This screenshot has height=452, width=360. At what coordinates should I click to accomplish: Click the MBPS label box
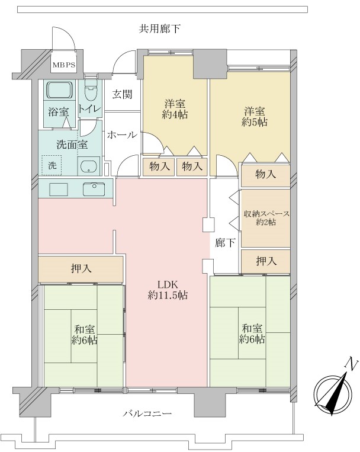click(x=64, y=65)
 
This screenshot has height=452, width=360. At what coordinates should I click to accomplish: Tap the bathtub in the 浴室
click(x=60, y=89)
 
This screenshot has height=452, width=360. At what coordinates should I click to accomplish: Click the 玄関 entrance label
click(x=122, y=94)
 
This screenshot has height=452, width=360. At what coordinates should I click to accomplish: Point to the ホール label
click(x=122, y=134)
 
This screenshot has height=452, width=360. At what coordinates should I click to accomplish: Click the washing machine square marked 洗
click(x=52, y=165)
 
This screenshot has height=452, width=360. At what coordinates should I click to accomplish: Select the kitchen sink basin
click(x=94, y=189)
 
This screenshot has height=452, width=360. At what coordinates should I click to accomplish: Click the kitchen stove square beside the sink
click(x=59, y=190)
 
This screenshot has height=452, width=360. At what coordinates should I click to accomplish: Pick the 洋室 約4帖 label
click(x=175, y=109)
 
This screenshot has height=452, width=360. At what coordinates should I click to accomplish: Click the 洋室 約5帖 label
click(x=255, y=117)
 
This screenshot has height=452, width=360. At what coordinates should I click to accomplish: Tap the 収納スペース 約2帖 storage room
click(x=265, y=218)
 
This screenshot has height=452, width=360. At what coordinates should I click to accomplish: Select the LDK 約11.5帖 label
click(x=168, y=290)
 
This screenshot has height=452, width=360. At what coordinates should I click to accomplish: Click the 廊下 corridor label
click(x=225, y=243)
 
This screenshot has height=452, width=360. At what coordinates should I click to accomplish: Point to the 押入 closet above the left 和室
click(x=81, y=269)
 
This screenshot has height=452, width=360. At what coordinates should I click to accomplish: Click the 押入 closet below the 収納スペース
click(x=265, y=261)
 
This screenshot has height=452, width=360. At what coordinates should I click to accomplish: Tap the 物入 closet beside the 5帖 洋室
click(x=265, y=174)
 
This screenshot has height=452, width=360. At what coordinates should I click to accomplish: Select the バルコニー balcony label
click(x=147, y=414)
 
